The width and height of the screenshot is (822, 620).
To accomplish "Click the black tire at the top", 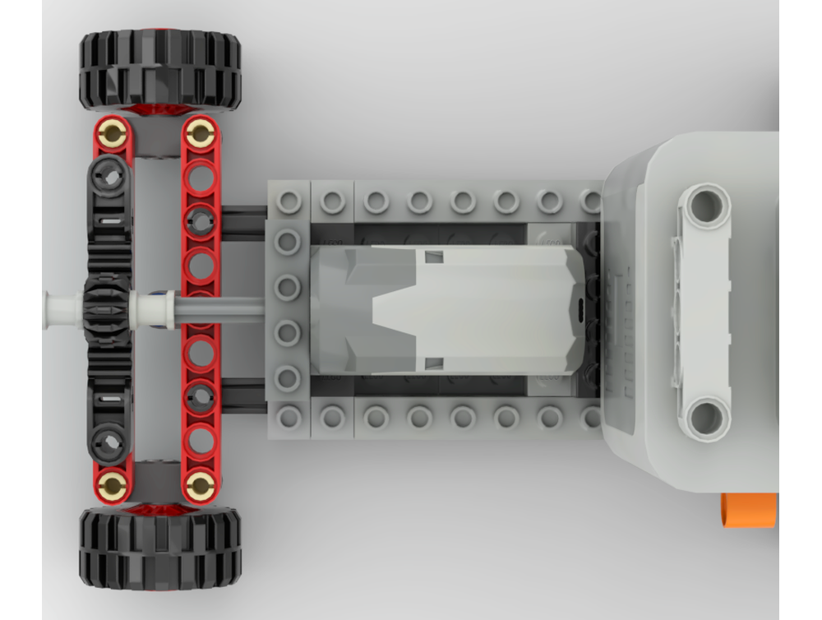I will [160, 70].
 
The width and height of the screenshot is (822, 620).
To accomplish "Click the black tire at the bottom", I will [160, 547].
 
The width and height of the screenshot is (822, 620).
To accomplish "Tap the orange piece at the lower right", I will [748, 509].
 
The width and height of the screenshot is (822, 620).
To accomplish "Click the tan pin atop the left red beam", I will [112, 134].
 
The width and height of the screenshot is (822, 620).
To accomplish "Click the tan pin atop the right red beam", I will [200, 133].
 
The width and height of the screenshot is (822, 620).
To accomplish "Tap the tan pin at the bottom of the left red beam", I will [112, 486].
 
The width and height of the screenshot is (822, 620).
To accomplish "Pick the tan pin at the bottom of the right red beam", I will [200, 486].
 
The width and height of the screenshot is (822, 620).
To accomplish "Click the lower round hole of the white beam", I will [706, 417].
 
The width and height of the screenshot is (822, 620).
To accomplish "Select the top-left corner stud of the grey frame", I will [289, 201].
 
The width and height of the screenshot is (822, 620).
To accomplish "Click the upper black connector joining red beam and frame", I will [243, 222].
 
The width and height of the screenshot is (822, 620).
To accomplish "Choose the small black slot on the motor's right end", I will [580, 310].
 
